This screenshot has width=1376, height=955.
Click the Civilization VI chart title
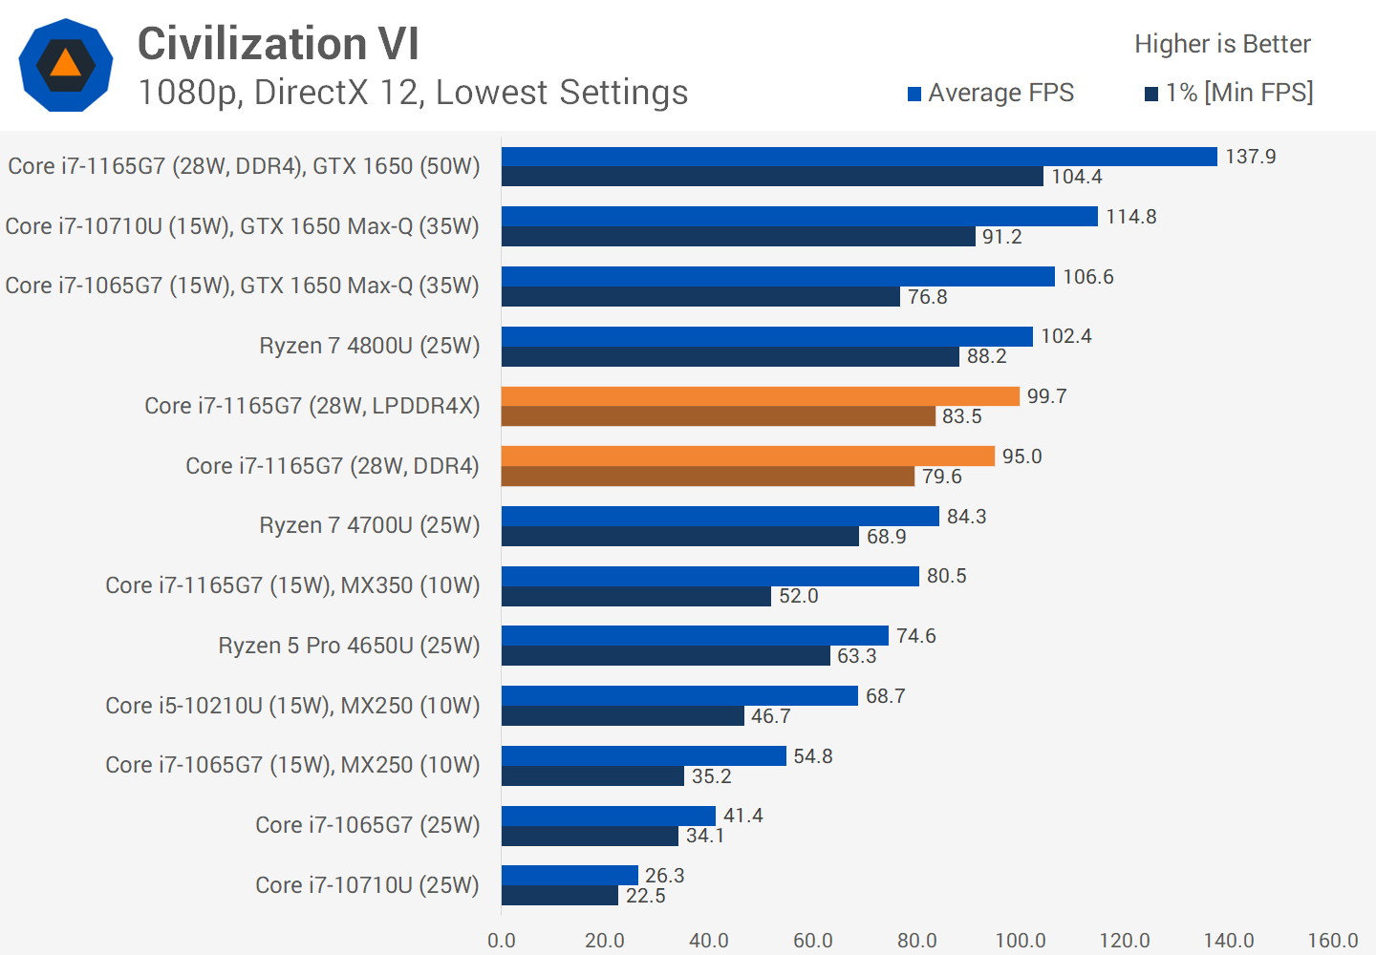pos(278,44)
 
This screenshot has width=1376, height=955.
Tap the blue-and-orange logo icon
pos(66,65)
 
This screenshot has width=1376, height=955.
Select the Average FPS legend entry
pos(991,93)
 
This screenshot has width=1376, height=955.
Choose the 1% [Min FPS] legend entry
pos(1229,93)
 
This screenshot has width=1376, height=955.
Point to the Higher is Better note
pos(1222,44)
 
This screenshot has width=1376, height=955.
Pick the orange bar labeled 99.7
pos(760,396)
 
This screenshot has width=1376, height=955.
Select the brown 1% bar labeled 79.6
pos(707,476)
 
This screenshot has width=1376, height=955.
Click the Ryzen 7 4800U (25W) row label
pos(369,346)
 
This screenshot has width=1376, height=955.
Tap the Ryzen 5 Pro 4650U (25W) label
pos(349,646)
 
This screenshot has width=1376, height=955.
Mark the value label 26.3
pos(665,876)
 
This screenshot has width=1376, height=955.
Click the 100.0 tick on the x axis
pos(1021,941)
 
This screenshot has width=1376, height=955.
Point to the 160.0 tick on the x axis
pos(1332,941)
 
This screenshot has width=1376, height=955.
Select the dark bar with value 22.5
pos(559,896)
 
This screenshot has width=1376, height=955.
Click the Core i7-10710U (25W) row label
pos(367,885)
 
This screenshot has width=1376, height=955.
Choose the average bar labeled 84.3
pos(720,516)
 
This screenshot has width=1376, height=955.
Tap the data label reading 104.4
pos(1077,177)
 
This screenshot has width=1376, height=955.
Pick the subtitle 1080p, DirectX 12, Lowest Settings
pos(413,93)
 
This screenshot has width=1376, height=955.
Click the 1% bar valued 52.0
pos(635,596)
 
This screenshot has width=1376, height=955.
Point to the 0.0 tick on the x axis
pos(502,941)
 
